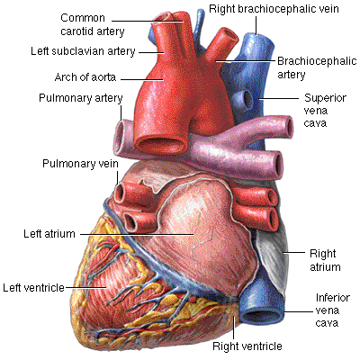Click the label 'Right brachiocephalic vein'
coord(274,9)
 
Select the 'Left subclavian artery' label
coord(83,51)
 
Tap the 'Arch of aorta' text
coord(85,77)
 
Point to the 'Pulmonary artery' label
coord(81,98)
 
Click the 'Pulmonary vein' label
coord(80,164)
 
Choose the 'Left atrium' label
coord(49,234)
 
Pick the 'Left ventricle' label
coord(33,288)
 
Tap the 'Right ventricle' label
coord(247,346)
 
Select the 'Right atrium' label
coord(325,260)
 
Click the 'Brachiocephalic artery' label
coord(317,67)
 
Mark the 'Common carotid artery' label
coord(93,24)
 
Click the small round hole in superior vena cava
coord(248,97)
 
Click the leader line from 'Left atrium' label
coord(138,234)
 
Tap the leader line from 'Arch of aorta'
coord(142,79)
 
